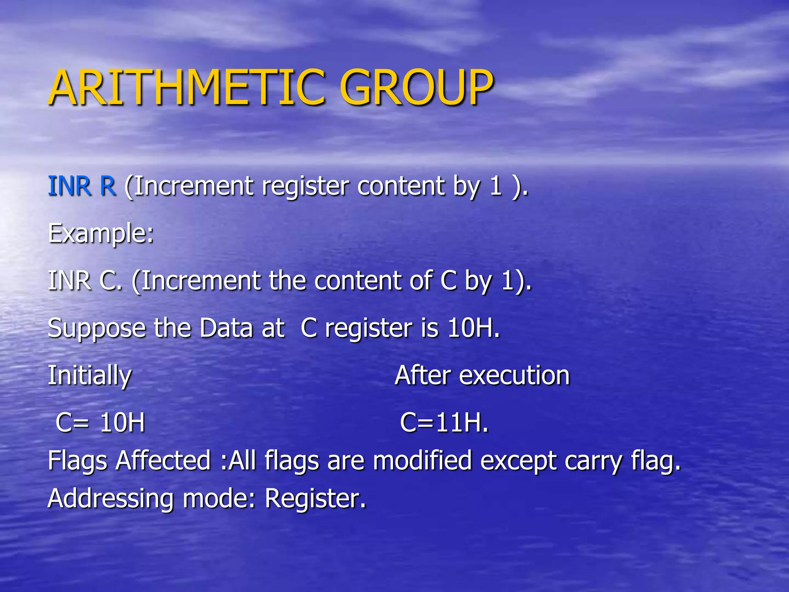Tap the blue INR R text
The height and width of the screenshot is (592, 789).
[82, 186]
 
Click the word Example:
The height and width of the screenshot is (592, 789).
[101, 234]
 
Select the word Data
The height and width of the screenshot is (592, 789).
[226, 328]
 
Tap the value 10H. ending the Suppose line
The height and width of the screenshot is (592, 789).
[473, 328]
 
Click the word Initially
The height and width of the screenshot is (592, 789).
[89, 376]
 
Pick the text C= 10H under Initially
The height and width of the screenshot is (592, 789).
[100, 423]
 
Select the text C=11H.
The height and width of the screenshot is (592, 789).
[444, 423]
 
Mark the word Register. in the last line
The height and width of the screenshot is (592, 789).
[315, 499]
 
